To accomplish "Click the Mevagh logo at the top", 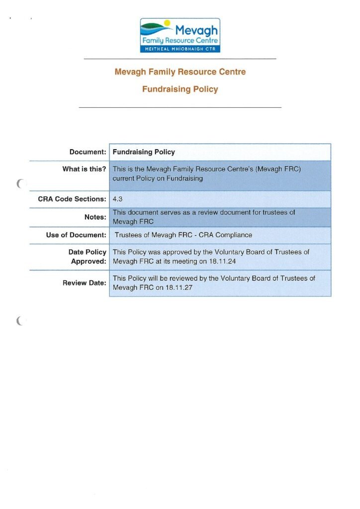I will [x=180, y=35].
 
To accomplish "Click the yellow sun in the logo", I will [x=167, y=23].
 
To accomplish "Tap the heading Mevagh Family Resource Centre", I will [x=180, y=72].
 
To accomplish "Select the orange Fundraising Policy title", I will [x=180, y=89].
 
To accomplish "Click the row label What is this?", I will [x=84, y=169].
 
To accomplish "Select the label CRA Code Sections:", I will [x=72, y=199].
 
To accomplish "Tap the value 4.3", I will [x=118, y=199].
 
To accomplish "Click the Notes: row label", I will [x=95, y=217].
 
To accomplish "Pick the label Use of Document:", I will [x=76, y=235].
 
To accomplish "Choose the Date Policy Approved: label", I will [x=88, y=256].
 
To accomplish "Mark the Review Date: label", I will [x=84, y=283].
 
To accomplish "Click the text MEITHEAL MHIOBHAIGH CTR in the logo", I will [x=180, y=49].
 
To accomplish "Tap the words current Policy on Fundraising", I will [x=158, y=178].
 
